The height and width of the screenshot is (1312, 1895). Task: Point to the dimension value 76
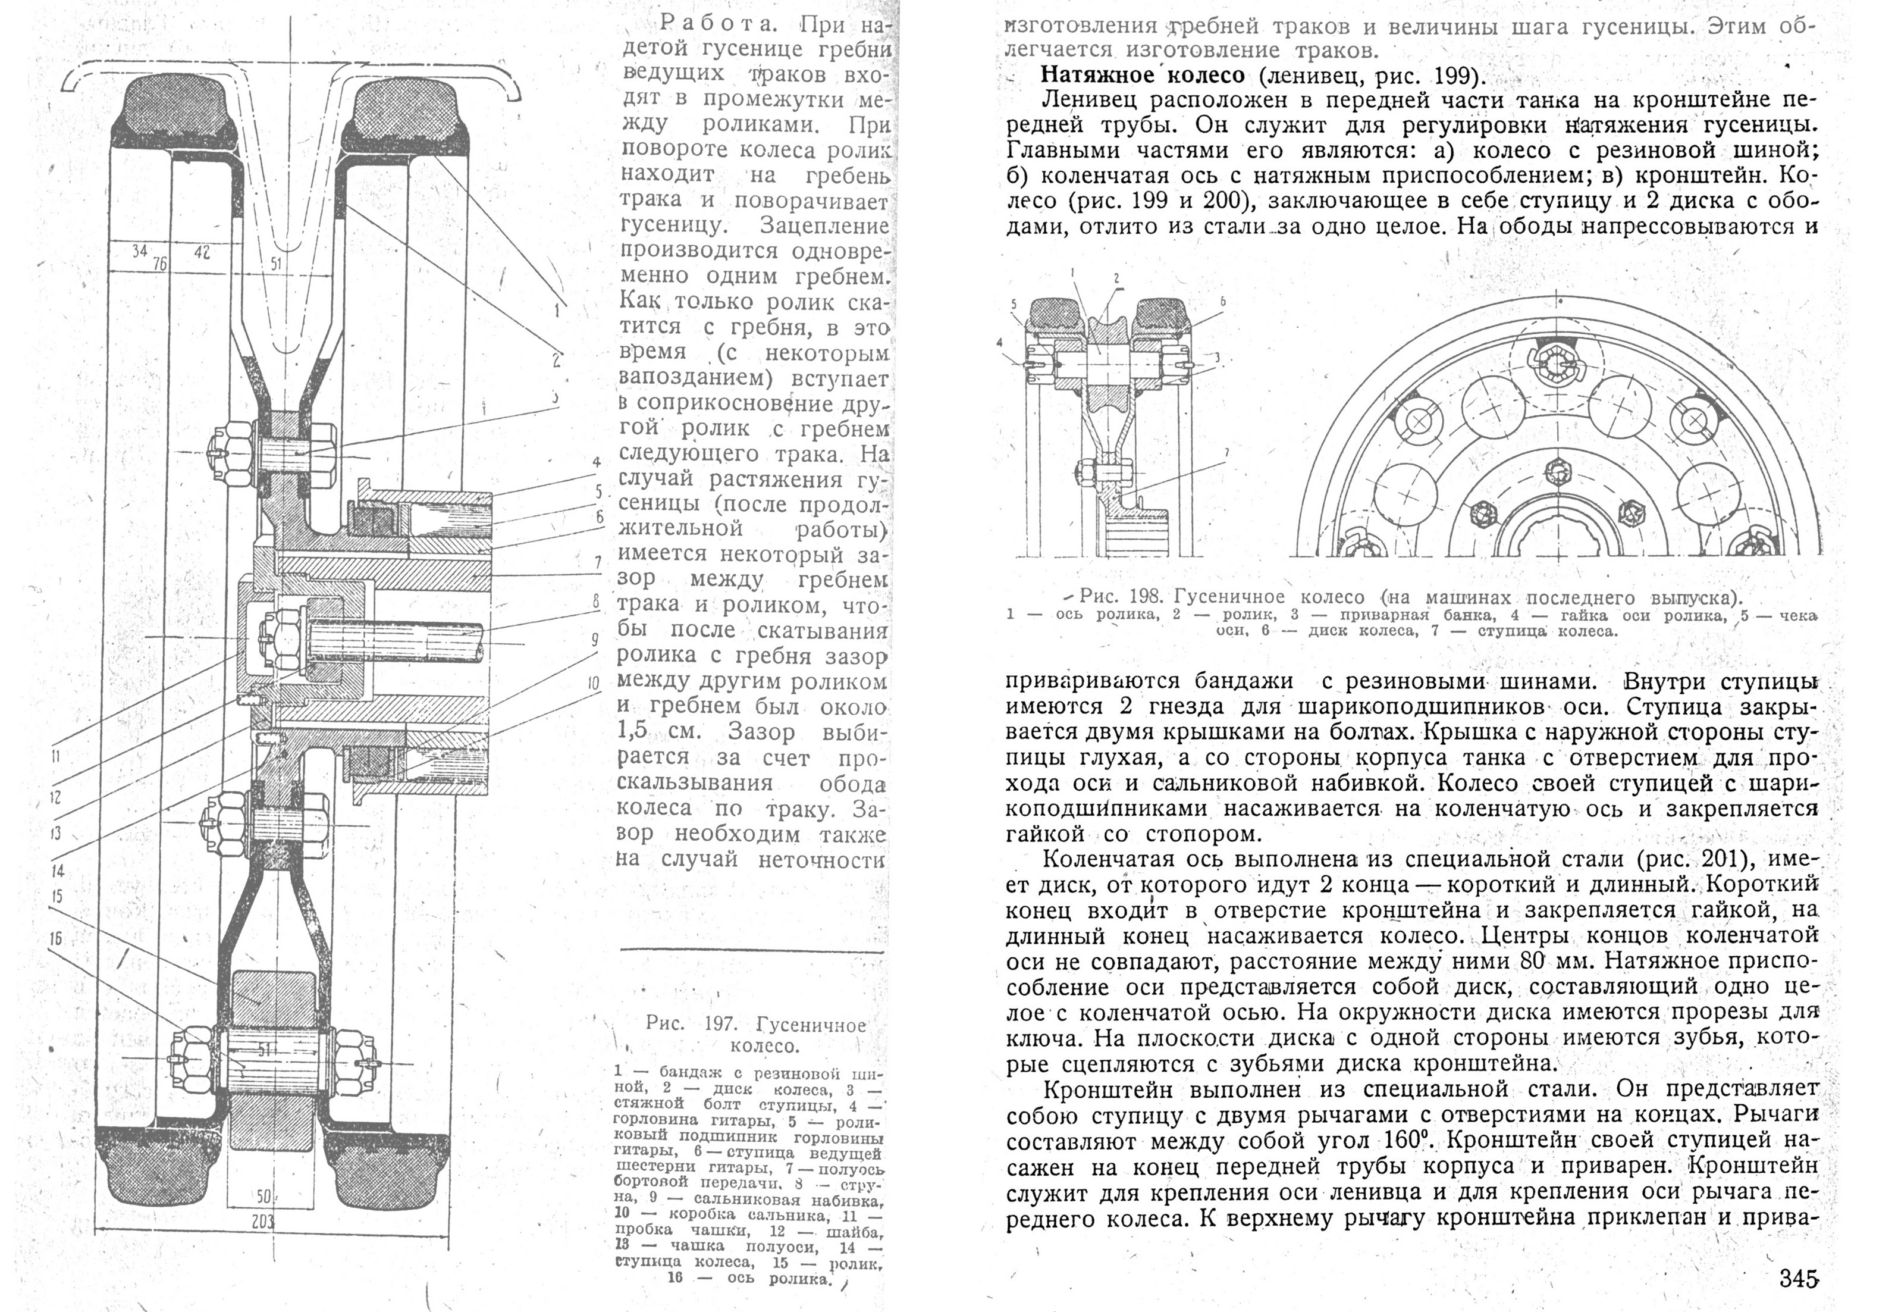[x=160, y=263]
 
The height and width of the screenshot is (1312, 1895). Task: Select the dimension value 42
[x=201, y=253]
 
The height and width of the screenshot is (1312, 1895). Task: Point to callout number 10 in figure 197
[x=594, y=683]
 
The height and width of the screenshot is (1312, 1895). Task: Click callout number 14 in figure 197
[x=58, y=871]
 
